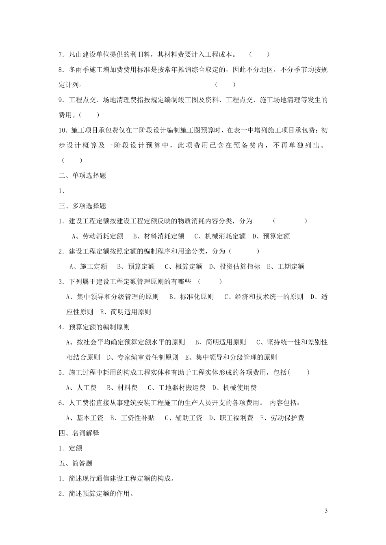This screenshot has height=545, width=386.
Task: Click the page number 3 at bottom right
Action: point(326,510)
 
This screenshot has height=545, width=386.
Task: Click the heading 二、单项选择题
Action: point(82,176)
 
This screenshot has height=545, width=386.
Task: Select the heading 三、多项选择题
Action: point(82,206)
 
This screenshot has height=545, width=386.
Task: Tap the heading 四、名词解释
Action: point(79,433)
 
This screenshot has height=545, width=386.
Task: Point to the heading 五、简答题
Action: point(76,463)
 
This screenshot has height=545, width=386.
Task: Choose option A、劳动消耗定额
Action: point(98,236)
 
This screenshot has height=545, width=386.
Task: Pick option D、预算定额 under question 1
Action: point(271,236)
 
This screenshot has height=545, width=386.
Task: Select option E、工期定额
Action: point(286,267)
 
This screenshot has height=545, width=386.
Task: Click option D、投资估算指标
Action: point(235,267)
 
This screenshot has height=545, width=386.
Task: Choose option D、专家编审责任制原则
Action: point(143,358)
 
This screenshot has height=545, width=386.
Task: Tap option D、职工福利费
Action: point(231,418)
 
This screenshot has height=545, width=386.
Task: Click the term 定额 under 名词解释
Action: point(76,448)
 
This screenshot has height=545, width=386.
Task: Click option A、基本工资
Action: point(85,418)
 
